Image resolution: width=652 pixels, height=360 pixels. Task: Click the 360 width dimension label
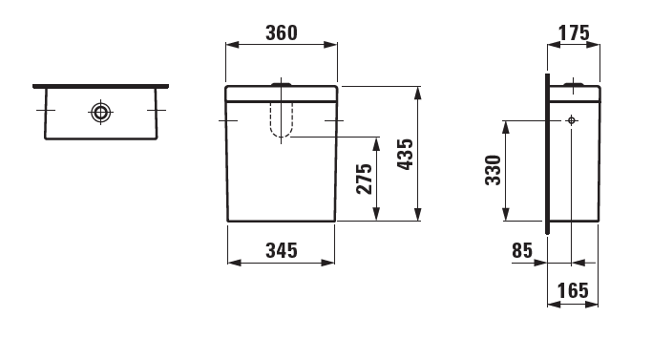pyautogui.click(x=282, y=32)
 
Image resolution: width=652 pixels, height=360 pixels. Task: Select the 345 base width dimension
pyautogui.click(x=282, y=250)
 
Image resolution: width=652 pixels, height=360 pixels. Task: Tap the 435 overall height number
pyautogui.click(x=405, y=155)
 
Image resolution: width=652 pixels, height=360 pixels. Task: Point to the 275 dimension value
pyautogui.click(x=365, y=179)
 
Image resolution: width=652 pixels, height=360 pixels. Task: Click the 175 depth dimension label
pyautogui.click(x=574, y=32)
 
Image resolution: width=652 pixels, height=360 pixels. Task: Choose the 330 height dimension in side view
pyautogui.click(x=494, y=170)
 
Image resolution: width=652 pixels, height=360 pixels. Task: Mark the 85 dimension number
pyautogui.click(x=522, y=250)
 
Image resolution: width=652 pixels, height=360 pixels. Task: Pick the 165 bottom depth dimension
pyautogui.click(x=573, y=290)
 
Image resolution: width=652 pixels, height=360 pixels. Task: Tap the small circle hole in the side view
pyautogui.click(x=572, y=120)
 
